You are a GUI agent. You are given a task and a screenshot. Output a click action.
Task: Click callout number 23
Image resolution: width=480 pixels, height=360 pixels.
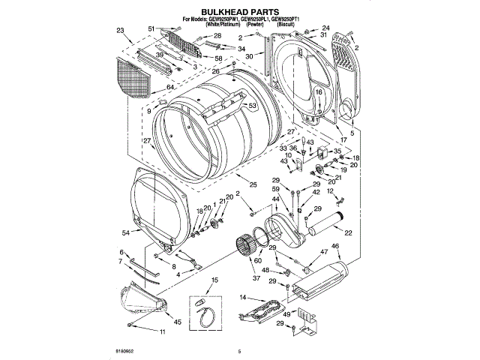pos(121,31)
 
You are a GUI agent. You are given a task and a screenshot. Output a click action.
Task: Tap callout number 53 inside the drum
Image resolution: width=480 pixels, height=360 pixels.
pos(253,106)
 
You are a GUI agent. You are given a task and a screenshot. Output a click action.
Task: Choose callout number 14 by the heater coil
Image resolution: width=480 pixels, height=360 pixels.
pos(242,298)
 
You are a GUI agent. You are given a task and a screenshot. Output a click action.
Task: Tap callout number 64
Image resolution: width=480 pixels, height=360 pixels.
pos(170,88)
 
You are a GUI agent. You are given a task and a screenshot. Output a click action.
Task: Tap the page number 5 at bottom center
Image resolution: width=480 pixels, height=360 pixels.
pos(238,350)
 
